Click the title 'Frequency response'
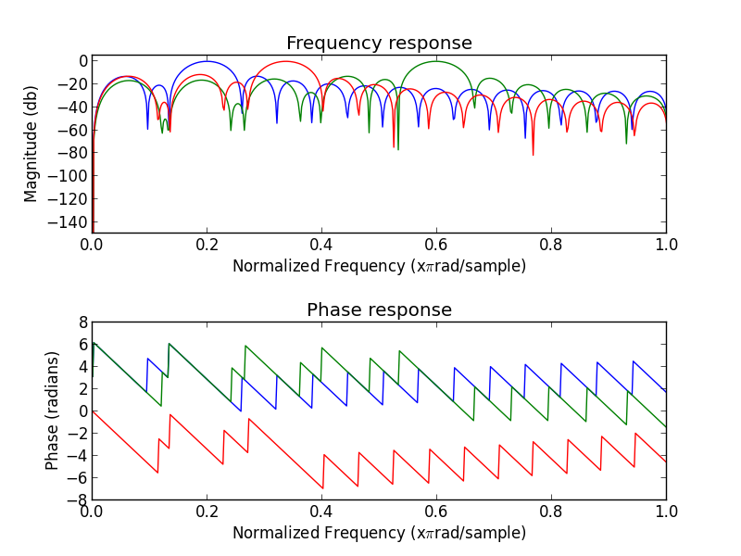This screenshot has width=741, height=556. click(379, 44)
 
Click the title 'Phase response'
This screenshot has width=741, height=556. click(379, 310)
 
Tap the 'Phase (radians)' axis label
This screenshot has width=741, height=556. click(53, 410)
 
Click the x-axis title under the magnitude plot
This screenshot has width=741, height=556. click(379, 266)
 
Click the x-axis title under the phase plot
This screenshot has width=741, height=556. click(379, 533)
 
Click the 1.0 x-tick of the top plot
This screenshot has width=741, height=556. click(666, 245)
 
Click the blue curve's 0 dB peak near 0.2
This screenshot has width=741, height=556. click(207, 61)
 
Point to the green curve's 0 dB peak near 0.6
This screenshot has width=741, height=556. click(436, 61)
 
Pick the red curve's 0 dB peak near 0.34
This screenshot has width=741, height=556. click(286, 61)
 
